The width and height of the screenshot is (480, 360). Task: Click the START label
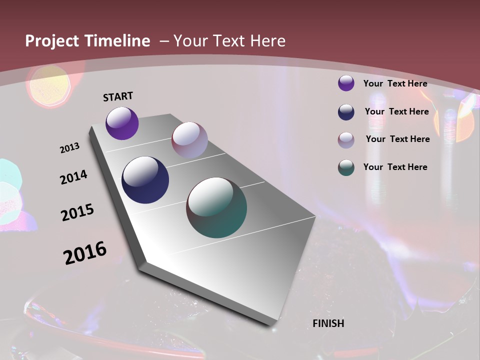pos(118,96)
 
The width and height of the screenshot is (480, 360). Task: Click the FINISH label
pos(328,323)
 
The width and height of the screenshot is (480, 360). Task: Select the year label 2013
pos(69,148)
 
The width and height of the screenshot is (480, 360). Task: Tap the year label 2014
pos(73,177)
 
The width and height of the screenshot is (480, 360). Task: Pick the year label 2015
pos(77,212)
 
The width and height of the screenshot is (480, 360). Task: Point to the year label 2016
pos(85,253)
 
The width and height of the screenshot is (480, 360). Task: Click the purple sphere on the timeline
pos(122,123)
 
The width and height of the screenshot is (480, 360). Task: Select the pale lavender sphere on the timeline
pos(189,140)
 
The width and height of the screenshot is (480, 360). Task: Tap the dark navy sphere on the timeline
pos(145,180)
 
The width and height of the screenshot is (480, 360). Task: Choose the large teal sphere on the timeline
pos(216,207)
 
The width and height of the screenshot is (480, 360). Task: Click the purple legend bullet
pos(346,83)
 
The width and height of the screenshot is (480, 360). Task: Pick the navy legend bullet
pos(346,111)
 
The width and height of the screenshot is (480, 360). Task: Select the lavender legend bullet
pos(346,139)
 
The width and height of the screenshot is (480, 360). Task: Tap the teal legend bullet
pos(346,167)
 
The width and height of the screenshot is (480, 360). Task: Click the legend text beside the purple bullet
pos(395,83)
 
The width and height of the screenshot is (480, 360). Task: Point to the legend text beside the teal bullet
pos(395,167)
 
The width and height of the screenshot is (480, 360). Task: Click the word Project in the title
pos(52,41)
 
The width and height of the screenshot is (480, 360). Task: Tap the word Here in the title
pos(267,41)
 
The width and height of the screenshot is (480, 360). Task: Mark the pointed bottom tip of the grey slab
pos(273,325)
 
